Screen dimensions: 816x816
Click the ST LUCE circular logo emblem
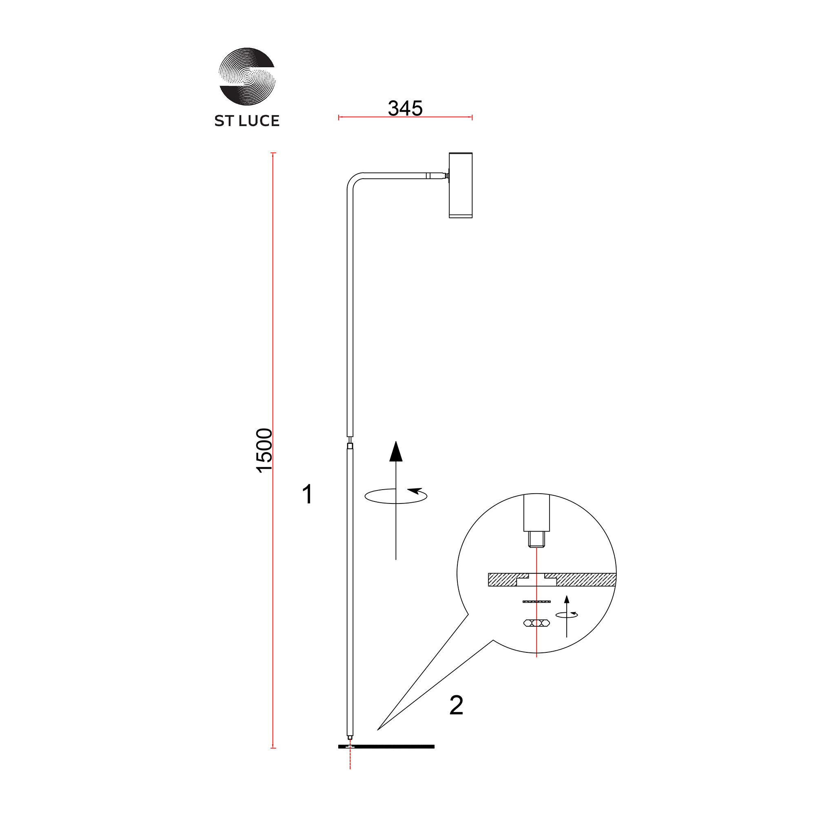(x=247, y=76)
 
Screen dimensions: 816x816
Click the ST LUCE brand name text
(x=247, y=121)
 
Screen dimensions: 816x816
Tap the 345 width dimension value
(x=405, y=108)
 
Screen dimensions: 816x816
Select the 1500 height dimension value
(x=265, y=450)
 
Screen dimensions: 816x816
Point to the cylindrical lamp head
(x=460, y=185)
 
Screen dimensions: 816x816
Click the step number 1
(x=308, y=494)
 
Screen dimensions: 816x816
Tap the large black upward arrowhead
(x=396, y=451)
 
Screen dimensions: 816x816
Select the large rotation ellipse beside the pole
(x=396, y=496)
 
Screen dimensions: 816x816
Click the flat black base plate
(x=386, y=747)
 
